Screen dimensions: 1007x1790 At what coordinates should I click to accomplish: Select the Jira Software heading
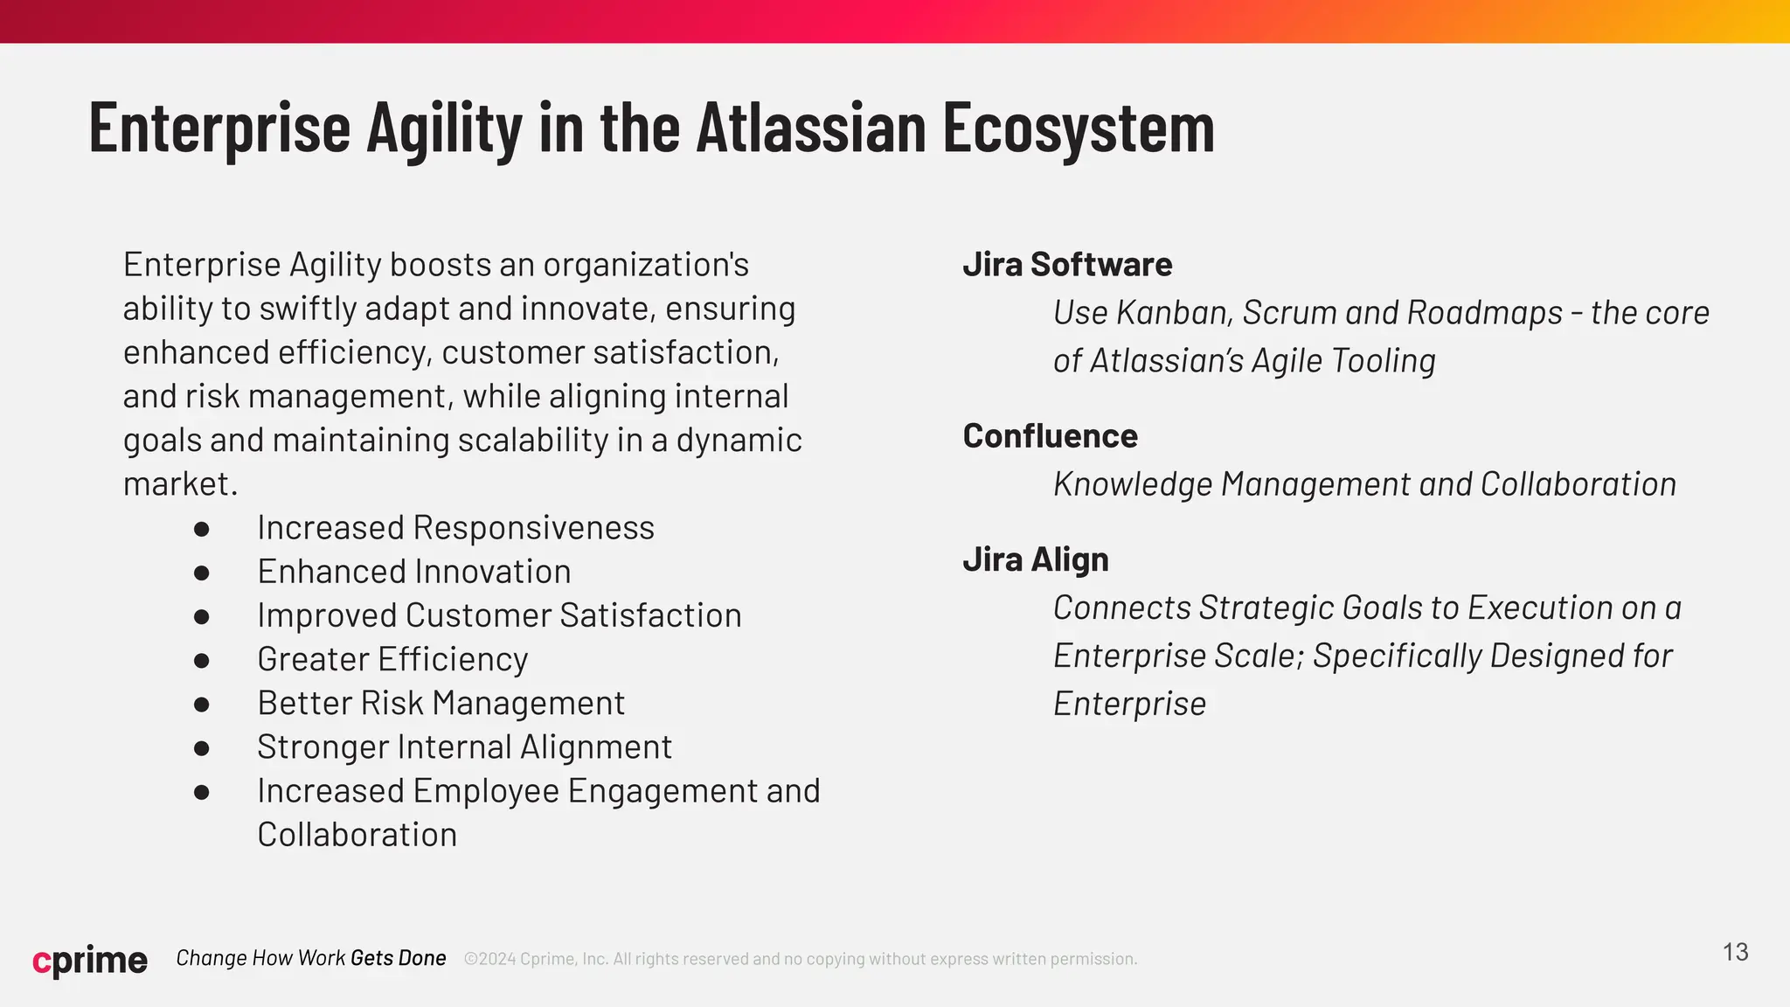coord(1067,265)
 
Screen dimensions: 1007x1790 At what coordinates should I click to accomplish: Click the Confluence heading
coord(1050,436)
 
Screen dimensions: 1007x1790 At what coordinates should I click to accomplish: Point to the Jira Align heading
coord(1036,559)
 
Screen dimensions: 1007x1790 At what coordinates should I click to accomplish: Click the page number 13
coord(1735,952)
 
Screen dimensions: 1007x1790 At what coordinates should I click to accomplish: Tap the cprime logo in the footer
coord(90,960)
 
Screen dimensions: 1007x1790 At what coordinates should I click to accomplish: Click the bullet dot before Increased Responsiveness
coord(202,529)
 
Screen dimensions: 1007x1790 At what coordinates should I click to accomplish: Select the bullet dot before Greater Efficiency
coord(202,660)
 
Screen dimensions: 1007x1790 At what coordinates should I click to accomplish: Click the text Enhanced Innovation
coord(413,572)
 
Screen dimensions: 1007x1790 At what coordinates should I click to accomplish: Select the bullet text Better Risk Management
coord(441,704)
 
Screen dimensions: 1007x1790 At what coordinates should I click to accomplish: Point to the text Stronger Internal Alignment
coord(464,747)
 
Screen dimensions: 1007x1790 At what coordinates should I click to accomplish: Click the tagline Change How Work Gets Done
coord(311,958)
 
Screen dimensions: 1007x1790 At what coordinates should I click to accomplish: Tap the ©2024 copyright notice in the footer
coord(800,959)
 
